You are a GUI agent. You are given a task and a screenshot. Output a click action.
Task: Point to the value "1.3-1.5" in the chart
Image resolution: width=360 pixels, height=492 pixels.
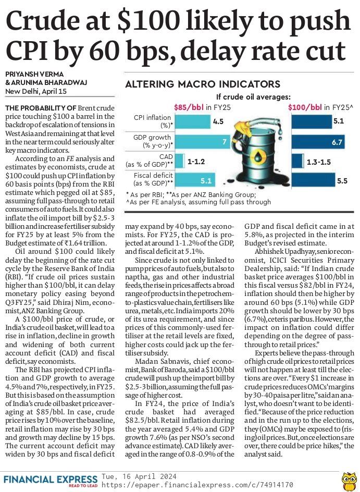[x=318, y=162]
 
